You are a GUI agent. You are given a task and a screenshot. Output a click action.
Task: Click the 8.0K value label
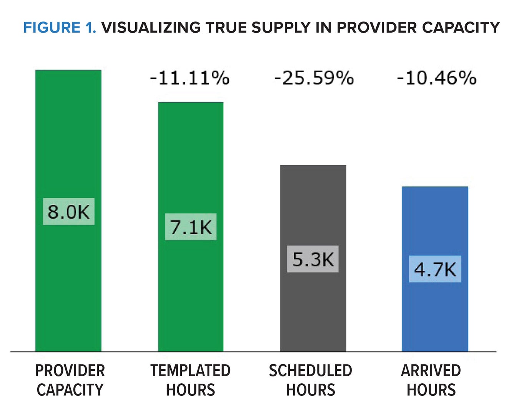(x=68, y=212)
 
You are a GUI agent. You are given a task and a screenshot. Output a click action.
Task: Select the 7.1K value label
(x=191, y=227)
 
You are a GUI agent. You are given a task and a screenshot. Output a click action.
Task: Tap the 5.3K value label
(x=313, y=259)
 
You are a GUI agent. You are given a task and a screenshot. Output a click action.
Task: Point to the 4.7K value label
(x=435, y=269)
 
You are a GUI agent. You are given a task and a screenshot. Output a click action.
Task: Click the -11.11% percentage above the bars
(x=190, y=78)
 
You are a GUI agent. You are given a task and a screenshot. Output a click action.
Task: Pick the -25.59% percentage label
(x=314, y=78)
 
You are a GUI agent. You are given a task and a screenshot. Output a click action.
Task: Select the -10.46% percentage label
(x=436, y=78)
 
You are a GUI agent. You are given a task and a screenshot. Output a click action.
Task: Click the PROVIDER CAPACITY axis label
(x=70, y=380)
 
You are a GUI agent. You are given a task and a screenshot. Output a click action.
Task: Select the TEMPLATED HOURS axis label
(x=190, y=380)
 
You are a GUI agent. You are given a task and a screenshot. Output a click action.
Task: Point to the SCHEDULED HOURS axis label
(x=311, y=380)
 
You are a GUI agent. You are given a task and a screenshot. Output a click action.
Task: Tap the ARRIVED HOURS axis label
(x=431, y=380)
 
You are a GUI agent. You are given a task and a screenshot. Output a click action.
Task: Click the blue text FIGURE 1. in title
(x=60, y=28)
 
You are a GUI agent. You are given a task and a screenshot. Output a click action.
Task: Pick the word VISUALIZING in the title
(x=151, y=28)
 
